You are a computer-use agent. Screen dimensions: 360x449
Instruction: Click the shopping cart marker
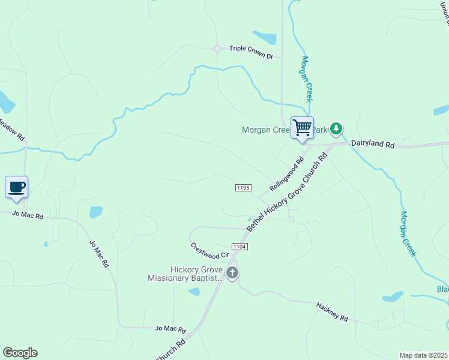(x=302, y=128)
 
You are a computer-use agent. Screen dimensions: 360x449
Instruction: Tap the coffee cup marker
(x=17, y=187)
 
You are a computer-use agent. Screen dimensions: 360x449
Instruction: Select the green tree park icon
(x=337, y=128)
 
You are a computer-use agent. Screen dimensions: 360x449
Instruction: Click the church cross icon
(x=232, y=274)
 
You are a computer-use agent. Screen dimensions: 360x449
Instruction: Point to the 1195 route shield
(x=243, y=188)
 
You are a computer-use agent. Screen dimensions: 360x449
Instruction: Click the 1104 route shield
(x=240, y=247)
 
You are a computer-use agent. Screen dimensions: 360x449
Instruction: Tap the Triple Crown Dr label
(x=251, y=56)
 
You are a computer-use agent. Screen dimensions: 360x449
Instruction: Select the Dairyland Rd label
(x=372, y=145)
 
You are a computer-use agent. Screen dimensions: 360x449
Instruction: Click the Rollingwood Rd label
(x=288, y=174)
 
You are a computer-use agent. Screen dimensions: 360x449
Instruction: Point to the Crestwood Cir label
(x=210, y=251)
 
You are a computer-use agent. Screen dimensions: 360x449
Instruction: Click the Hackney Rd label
(x=332, y=311)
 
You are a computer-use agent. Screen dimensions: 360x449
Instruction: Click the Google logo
(x=20, y=353)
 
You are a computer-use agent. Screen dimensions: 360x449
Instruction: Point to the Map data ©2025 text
(x=423, y=355)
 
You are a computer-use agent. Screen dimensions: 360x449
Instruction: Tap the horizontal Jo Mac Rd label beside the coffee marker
(x=28, y=215)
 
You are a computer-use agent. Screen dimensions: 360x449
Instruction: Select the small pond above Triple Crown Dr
(x=265, y=37)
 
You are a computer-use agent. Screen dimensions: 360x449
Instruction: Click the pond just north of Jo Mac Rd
(x=95, y=212)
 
